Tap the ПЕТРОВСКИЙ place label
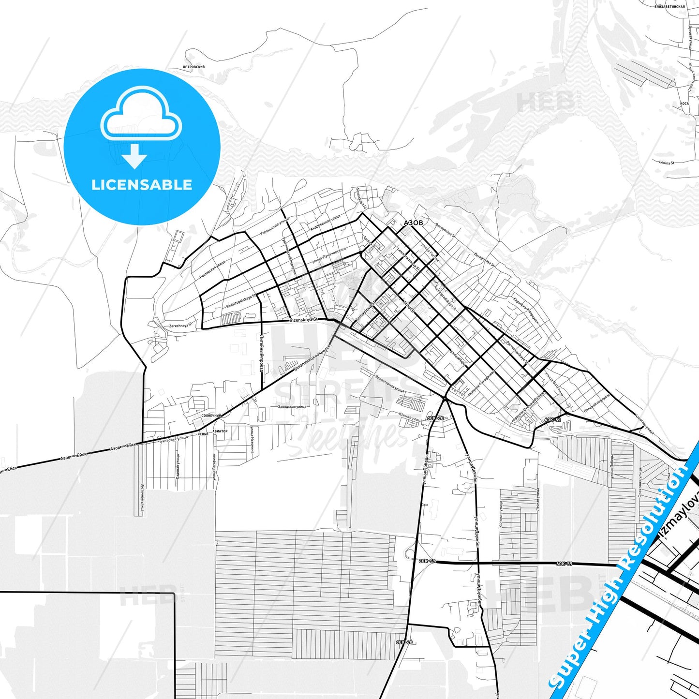pos(193,67)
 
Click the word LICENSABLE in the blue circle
pos(142,184)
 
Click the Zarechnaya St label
pos(180,326)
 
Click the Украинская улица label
pos(274,226)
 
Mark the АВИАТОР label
pos(219,431)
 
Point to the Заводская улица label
pos(292,407)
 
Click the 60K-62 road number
pos(552,419)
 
